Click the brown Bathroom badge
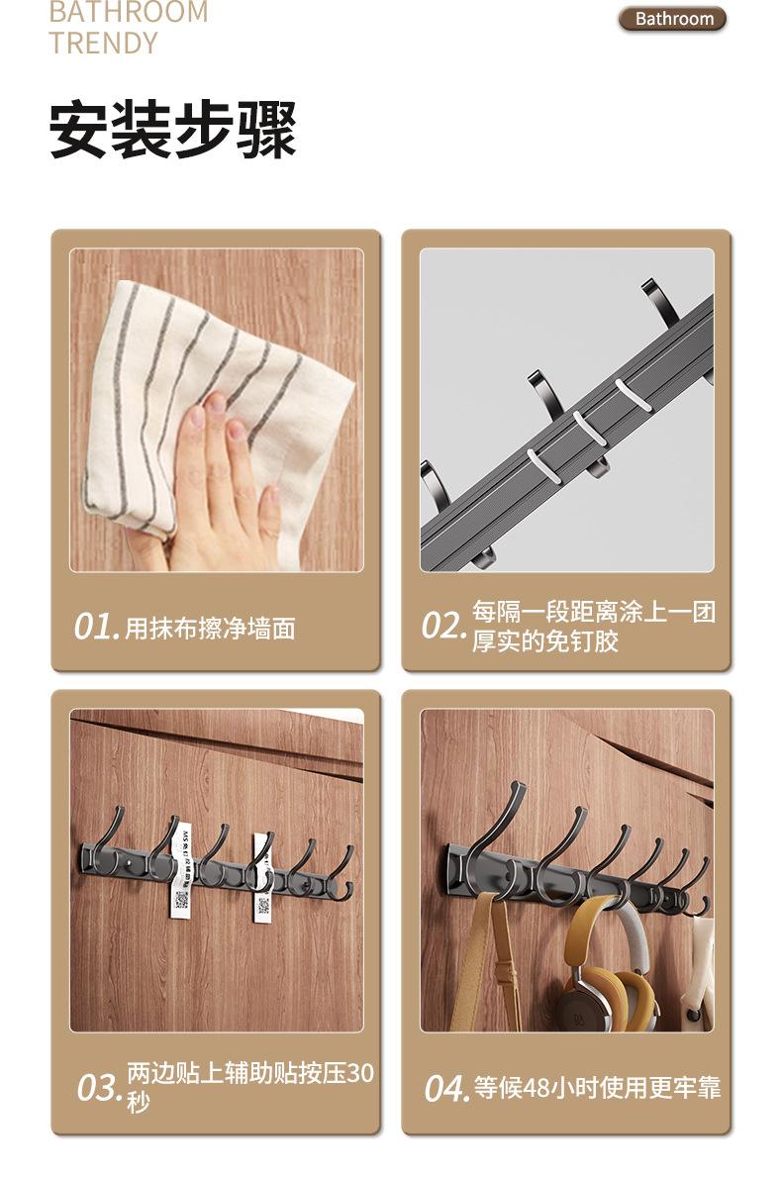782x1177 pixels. pyautogui.click(x=673, y=19)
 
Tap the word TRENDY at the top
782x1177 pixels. pyautogui.click(x=103, y=44)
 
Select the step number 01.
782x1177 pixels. pyautogui.click(x=96, y=627)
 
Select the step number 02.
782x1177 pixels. pyautogui.click(x=442, y=626)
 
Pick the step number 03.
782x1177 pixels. pyautogui.click(x=100, y=1087)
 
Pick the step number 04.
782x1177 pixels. pyautogui.click(x=446, y=1088)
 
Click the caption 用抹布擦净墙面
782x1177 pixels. pyautogui.click(x=210, y=629)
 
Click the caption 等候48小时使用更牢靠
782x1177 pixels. pyautogui.click(x=597, y=1088)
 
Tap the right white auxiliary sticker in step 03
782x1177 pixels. pyautogui.click(x=262, y=876)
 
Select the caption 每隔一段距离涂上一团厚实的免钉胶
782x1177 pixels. pyautogui.click(x=592, y=627)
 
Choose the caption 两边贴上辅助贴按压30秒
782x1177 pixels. pyautogui.click(x=249, y=1086)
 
